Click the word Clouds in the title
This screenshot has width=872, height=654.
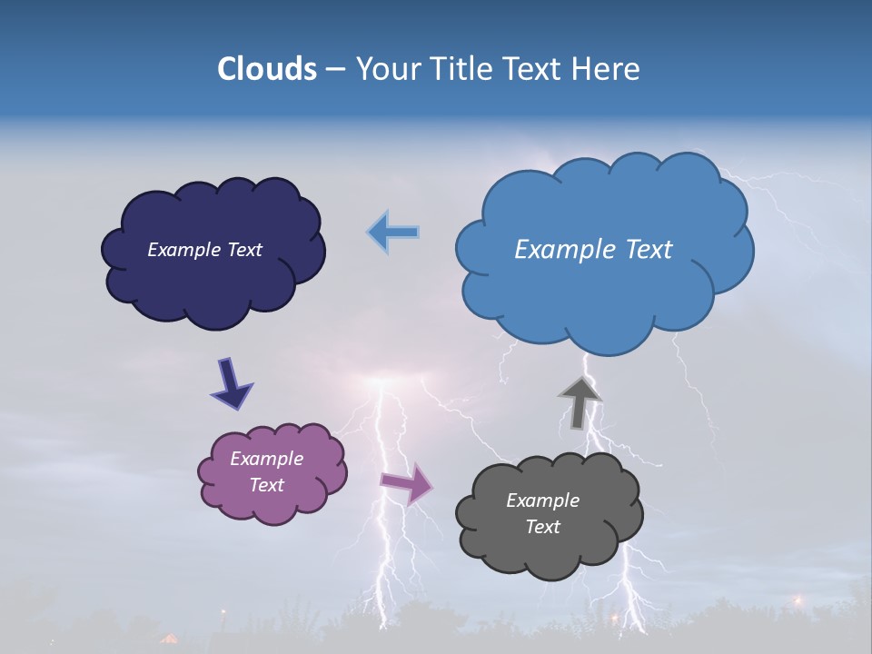pos(267,69)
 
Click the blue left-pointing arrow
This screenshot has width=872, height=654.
pos(393,233)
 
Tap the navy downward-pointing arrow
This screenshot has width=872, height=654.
pos(232,383)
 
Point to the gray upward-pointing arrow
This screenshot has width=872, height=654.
pos(580,402)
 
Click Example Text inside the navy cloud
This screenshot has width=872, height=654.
pos(204,250)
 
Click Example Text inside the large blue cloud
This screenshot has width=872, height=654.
pos(593,250)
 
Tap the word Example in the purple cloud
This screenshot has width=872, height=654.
pos(266,459)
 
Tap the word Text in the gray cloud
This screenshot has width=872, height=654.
pos(542,527)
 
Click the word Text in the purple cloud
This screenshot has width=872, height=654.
pos(266,485)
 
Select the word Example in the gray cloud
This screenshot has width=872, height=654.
pos(542,500)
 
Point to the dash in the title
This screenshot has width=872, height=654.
pos(334,70)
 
